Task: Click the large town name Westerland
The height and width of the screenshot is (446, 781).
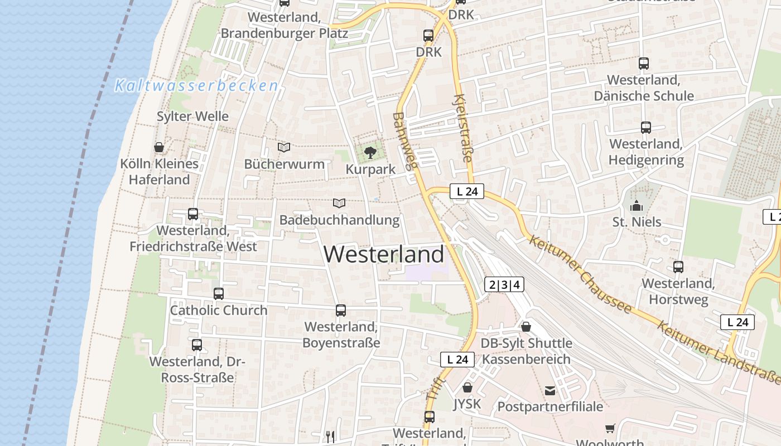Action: [x=384, y=254]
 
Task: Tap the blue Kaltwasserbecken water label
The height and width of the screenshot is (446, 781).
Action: [x=196, y=86]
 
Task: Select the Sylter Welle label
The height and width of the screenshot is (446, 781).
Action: [x=192, y=117]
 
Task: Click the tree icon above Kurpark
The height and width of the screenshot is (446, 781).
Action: [x=369, y=152]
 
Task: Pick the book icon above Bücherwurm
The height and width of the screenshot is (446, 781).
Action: [x=284, y=147]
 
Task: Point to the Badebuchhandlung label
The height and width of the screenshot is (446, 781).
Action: [x=339, y=220]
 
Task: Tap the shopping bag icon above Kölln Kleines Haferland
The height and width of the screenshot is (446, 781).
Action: [x=159, y=147]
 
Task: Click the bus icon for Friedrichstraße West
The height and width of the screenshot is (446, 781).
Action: [x=193, y=214]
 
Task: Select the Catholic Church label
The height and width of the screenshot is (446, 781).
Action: [x=219, y=311]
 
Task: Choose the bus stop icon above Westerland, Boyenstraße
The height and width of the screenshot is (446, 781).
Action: [x=341, y=311]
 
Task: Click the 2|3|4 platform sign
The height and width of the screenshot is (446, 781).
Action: [x=504, y=285]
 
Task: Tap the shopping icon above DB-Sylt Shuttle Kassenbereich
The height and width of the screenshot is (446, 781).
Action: [x=526, y=327]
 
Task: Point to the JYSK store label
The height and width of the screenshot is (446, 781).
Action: [x=467, y=404]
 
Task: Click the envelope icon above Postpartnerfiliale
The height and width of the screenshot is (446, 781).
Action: [x=550, y=390]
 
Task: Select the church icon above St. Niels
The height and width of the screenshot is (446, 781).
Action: [x=637, y=206]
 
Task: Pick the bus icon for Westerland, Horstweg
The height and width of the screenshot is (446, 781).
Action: [x=678, y=266]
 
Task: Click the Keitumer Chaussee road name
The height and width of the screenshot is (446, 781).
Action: [x=580, y=274]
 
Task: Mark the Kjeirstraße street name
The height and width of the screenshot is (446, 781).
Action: [x=464, y=128]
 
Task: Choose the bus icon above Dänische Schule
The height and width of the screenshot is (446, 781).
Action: [x=644, y=64]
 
